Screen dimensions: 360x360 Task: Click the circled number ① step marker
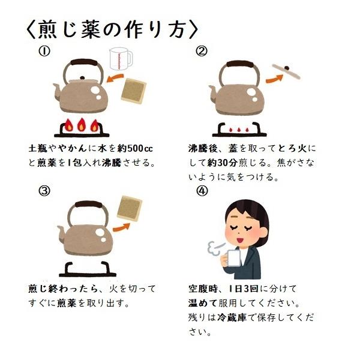point(44,52)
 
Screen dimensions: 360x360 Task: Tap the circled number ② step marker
point(202,52)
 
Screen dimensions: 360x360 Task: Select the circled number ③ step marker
point(44,191)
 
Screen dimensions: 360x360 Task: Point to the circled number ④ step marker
point(202,191)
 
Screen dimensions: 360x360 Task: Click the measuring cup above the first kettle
point(121,59)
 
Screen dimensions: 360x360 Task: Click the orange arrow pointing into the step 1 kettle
point(115,78)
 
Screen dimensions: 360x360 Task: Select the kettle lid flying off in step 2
point(286,71)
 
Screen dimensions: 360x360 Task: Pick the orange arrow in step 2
point(275,79)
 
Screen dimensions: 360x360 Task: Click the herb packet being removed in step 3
point(130,209)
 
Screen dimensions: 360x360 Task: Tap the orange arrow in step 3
point(121,227)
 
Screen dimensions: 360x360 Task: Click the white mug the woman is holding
point(233,258)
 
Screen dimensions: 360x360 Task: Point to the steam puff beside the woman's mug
point(215,248)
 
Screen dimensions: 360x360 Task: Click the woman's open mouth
point(239,241)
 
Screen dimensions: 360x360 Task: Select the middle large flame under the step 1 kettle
point(81,125)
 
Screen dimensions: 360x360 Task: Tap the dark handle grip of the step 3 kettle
point(89,205)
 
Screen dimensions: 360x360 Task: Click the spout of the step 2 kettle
point(213,92)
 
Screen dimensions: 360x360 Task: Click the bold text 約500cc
point(135,149)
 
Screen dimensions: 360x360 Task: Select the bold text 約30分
point(222,163)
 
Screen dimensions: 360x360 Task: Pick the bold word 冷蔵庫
point(232,317)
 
